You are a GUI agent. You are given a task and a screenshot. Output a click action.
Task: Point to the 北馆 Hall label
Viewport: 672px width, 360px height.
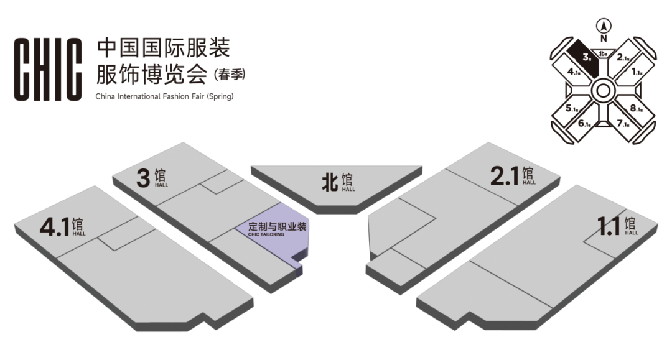pyautogui.click(x=337, y=182)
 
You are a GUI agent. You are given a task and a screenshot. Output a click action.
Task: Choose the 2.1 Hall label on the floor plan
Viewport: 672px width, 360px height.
pyautogui.click(x=512, y=176)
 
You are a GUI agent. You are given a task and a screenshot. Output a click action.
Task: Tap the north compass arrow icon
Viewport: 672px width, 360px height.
pyautogui.click(x=603, y=25)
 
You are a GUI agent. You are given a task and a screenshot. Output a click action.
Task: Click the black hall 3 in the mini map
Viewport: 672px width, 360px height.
pyautogui.click(x=584, y=57)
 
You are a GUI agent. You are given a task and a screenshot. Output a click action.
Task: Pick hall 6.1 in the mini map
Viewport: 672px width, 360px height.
pyautogui.click(x=584, y=123)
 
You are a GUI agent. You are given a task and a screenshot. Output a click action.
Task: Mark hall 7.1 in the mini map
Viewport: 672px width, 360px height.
pyautogui.click(x=623, y=123)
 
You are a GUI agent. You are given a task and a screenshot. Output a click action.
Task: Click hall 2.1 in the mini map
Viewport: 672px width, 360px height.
pyautogui.click(x=623, y=57)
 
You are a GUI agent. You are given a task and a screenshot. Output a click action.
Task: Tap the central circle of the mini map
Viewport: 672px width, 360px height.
pyautogui.click(x=604, y=91)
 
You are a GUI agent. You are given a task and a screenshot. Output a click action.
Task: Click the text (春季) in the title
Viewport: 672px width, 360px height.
pyautogui.click(x=230, y=74)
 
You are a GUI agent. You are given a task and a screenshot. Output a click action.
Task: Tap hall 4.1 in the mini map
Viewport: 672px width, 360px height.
pyautogui.click(x=574, y=72)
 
